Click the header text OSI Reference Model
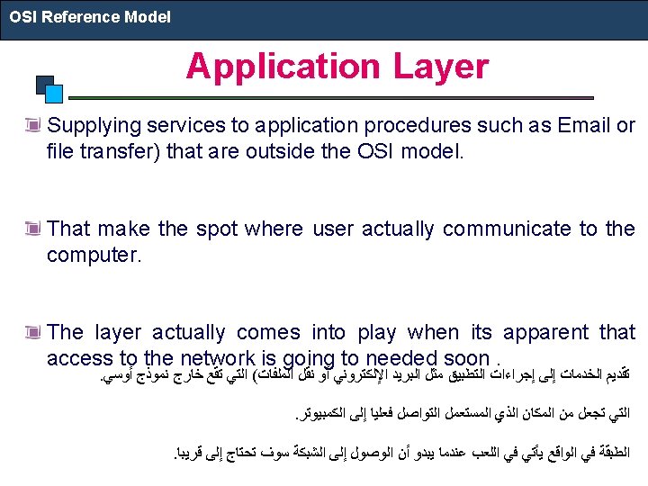point(90,17)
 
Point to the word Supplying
point(94,127)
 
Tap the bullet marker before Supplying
point(32,125)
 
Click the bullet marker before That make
point(32,228)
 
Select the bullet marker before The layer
point(32,332)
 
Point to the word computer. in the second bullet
point(94,256)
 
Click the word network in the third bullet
point(218,358)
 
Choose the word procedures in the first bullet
point(418,126)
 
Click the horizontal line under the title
point(331,98)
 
